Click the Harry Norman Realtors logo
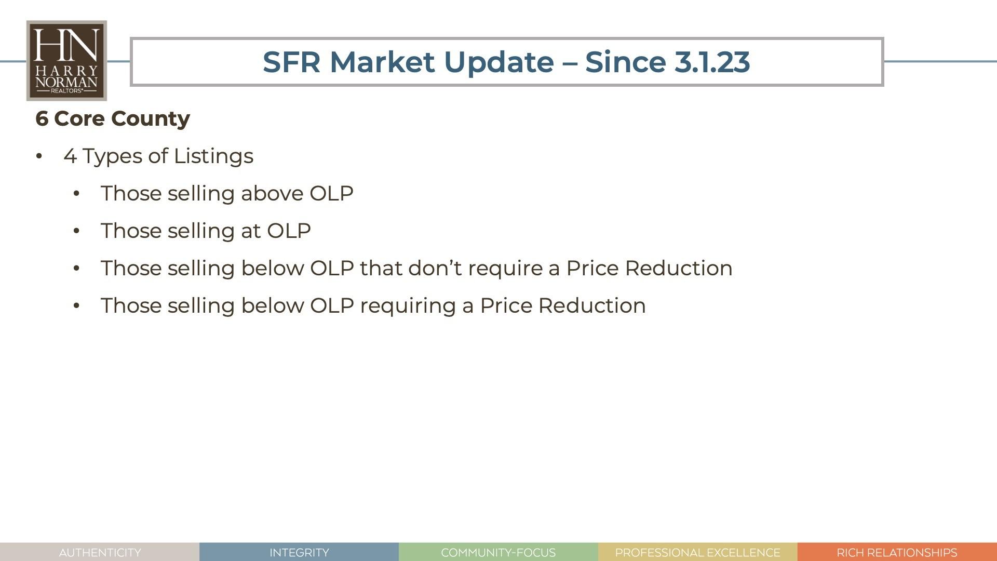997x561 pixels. [x=66, y=61]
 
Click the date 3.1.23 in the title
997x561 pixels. [x=712, y=62]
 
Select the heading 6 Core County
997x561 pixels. [x=113, y=119]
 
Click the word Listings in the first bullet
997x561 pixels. [x=213, y=156]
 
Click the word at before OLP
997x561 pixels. [x=251, y=231]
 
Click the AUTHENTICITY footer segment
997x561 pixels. [x=100, y=552]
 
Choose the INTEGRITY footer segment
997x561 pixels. [x=299, y=552]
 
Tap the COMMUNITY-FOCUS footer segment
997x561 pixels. [x=498, y=552]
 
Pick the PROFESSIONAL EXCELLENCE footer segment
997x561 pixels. [x=698, y=552]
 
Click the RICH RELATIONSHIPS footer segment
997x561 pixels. [x=897, y=552]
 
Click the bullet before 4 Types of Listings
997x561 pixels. [x=39, y=156]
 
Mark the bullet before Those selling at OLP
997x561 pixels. [x=76, y=231]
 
